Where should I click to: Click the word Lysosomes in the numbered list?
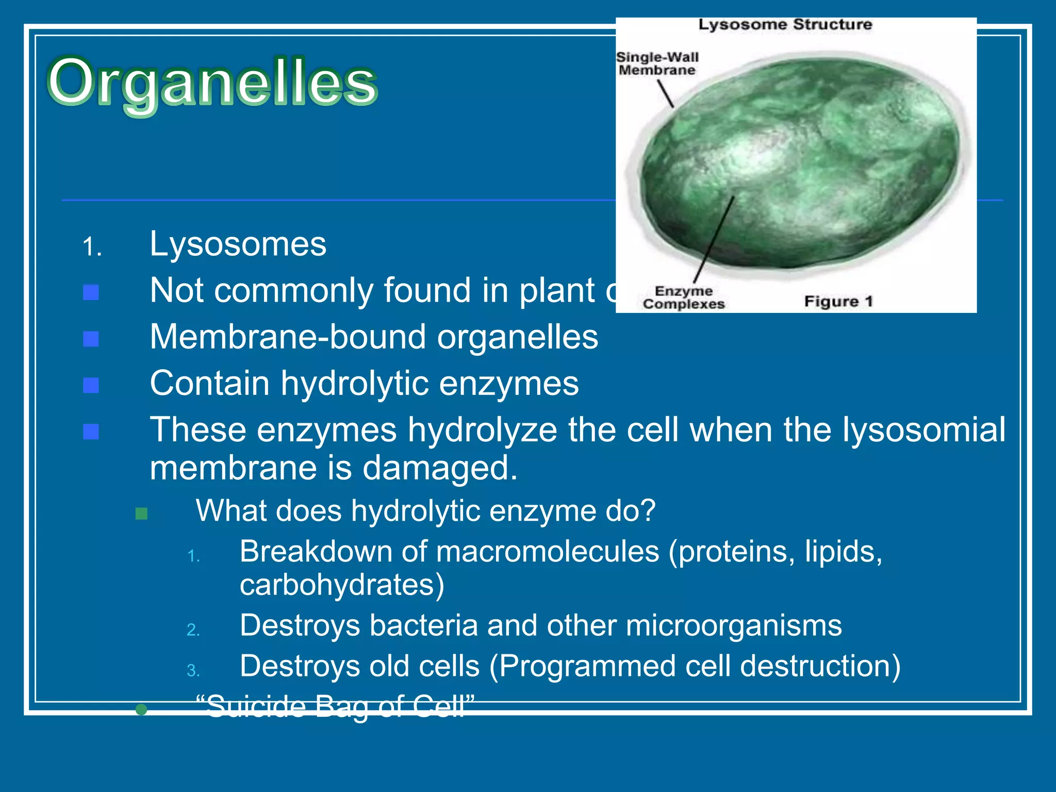238,244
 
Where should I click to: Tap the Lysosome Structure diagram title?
785,25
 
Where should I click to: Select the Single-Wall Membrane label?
657,63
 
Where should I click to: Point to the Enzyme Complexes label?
684,298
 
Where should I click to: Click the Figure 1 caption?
838,301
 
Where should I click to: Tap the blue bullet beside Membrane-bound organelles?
91,339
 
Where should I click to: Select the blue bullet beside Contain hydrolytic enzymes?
91,385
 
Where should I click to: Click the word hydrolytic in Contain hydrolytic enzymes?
355,384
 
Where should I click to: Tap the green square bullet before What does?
141,514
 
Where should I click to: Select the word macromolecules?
548,552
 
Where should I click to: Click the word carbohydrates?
342,585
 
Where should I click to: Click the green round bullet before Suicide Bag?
141,710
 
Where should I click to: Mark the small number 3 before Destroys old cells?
193,670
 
